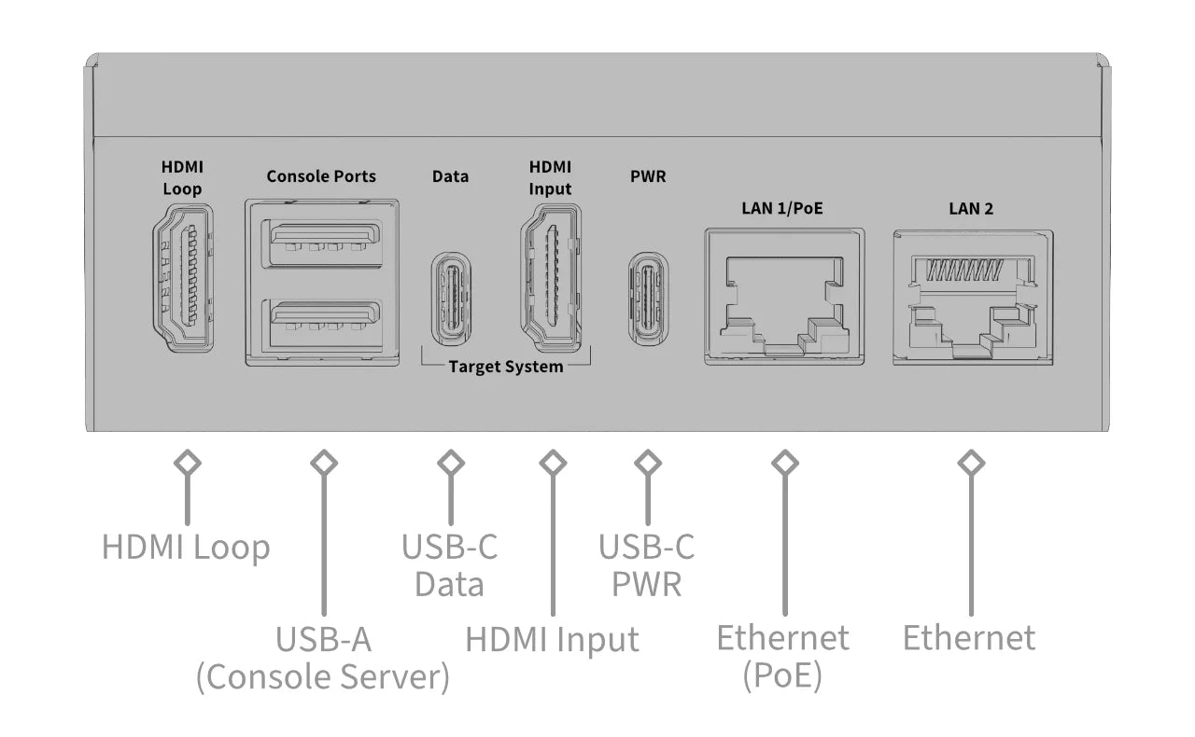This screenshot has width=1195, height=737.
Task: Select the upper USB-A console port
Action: click(322, 245)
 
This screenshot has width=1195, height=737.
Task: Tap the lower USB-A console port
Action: click(322, 324)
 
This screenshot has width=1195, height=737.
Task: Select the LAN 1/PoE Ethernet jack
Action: click(784, 297)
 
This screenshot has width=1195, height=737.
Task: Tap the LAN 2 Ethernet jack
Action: click(973, 297)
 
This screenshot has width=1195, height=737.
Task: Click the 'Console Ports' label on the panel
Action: click(321, 176)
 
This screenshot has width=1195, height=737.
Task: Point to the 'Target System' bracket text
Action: click(506, 367)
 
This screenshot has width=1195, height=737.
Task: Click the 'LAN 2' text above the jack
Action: click(971, 208)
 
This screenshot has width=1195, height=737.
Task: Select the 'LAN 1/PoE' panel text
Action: click(783, 208)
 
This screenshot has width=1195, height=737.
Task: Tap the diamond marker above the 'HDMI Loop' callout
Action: click(189, 462)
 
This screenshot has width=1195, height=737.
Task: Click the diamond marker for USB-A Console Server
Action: click(323, 462)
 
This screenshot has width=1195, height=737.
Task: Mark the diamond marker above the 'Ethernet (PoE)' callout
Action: click(784, 462)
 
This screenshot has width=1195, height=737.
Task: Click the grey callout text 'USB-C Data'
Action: click(450, 565)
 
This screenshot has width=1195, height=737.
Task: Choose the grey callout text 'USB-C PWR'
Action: click(647, 565)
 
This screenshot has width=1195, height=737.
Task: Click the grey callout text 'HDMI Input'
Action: click(552, 640)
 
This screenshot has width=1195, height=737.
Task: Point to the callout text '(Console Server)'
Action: click(323, 677)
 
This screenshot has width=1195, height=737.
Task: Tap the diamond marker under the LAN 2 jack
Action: click(972, 462)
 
